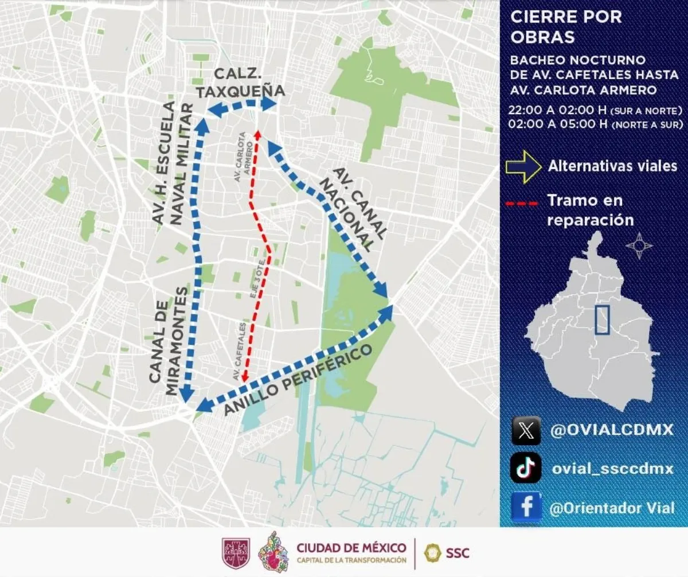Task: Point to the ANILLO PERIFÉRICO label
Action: pyautogui.click(x=299, y=381)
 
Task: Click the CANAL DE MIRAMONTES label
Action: pyautogui.click(x=168, y=341)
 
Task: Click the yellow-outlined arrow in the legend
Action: pyautogui.click(x=523, y=166)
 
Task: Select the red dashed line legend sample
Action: pyautogui.click(x=522, y=203)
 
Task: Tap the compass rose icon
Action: pyautogui.click(x=639, y=246)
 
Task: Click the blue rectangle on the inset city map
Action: pyautogui.click(x=601, y=319)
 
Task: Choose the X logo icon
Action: pyautogui.click(x=526, y=431)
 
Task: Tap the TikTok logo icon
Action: pyautogui.click(x=526, y=468)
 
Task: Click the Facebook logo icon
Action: pyautogui.click(x=526, y=507)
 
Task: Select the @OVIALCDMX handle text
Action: pyautogui.click(x=612, y=431)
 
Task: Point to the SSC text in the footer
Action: pyautogui.click(x=457, y=553)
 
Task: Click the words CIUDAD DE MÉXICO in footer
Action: pyautogui.click(x=351, y=548)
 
